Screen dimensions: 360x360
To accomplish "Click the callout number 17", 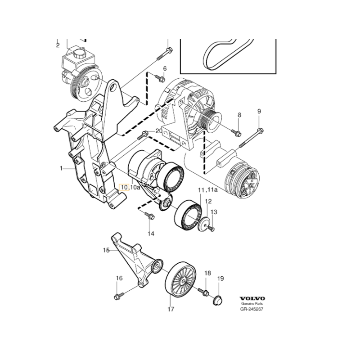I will pos(171,309).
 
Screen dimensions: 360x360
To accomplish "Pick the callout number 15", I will pos(106,250).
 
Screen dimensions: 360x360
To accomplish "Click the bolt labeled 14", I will pos(150,216).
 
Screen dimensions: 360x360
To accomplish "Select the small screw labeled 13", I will pos(212,229).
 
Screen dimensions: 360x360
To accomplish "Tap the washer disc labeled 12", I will pos(205,224).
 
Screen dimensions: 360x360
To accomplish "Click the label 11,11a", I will pos(208,190).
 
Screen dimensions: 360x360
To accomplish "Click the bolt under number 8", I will pos(237,132).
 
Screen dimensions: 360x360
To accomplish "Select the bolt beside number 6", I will pos(159,78).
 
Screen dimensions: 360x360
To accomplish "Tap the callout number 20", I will pos(158,131).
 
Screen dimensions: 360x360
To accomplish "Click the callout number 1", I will pos(61,168).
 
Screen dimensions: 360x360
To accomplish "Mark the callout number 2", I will pos(58,45).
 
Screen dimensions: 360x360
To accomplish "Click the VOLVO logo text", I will pos(252,298).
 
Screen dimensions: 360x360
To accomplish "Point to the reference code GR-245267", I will pos(252,309).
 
